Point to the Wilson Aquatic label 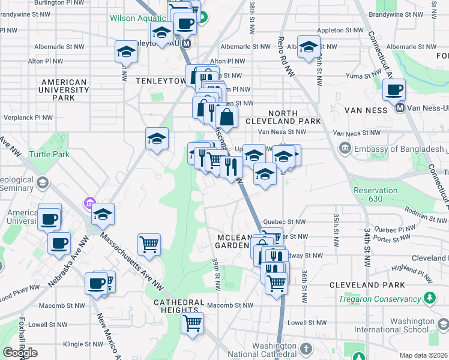tap(137, 18)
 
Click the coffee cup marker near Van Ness tap(394, 90)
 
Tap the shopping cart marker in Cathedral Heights tap(193, 323)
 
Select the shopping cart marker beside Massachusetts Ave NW tap(149, 244)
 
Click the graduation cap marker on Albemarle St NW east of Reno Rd tap(309, 47)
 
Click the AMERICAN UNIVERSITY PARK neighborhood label tap(63, 90)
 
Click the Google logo tap(20, 353)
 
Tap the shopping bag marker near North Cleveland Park tap(226, 115)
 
